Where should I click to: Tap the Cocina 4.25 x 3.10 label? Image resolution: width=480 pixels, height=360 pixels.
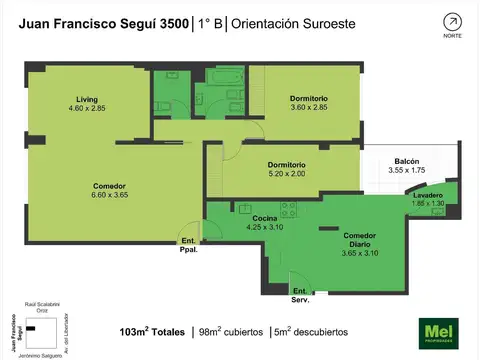(x=265, y=223)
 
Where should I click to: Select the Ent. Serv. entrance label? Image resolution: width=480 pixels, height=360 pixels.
(x=301, y=295)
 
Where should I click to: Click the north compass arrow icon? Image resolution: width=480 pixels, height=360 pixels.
(x=452, y=22)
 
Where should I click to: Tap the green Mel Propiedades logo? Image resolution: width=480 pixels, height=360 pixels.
(x=437, y=331)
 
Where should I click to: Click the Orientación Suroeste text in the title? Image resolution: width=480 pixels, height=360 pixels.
(x=297, y=22)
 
